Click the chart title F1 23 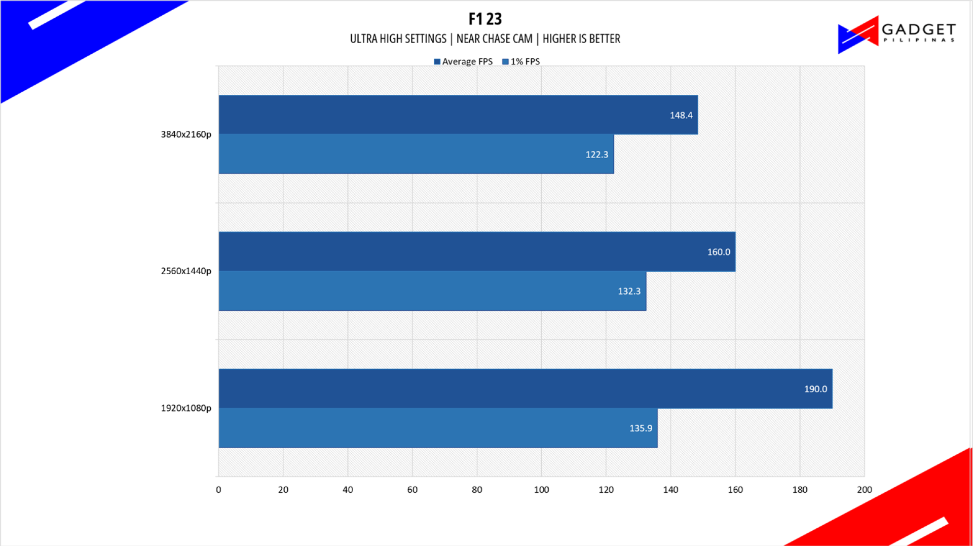point(485,19)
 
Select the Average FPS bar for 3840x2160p point(458,115)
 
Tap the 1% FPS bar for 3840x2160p point(416,154)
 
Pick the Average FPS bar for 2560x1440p point(476,251)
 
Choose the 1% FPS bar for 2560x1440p point(432,291)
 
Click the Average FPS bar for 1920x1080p point(525,388)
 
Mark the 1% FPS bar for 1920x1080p point(437,428)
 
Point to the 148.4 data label point(681,115)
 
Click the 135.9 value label point(641,428)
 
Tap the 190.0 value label point(815,389)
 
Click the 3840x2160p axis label point(186,134)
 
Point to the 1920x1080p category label point(186,408)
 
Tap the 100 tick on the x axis point(541,490)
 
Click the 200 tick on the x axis point(864,490)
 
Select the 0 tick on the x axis point(218,490)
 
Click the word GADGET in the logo point(918,29)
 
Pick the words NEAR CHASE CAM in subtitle point(494,39)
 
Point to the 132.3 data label point(629,292)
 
